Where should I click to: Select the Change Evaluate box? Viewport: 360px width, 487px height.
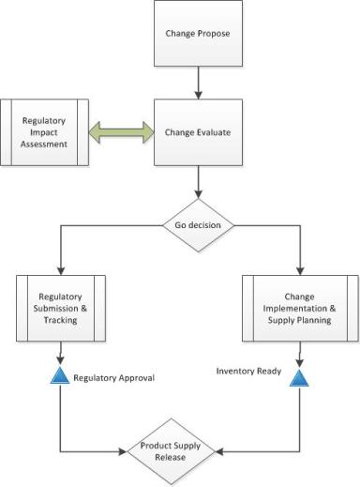click(199, 132)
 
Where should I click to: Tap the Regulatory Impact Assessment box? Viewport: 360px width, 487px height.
click(46, 132)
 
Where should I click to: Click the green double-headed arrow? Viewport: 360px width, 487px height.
click(122, 132)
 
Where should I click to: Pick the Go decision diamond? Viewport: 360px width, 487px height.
click(199, 226)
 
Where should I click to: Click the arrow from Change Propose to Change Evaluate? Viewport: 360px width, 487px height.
click(199, 90)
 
